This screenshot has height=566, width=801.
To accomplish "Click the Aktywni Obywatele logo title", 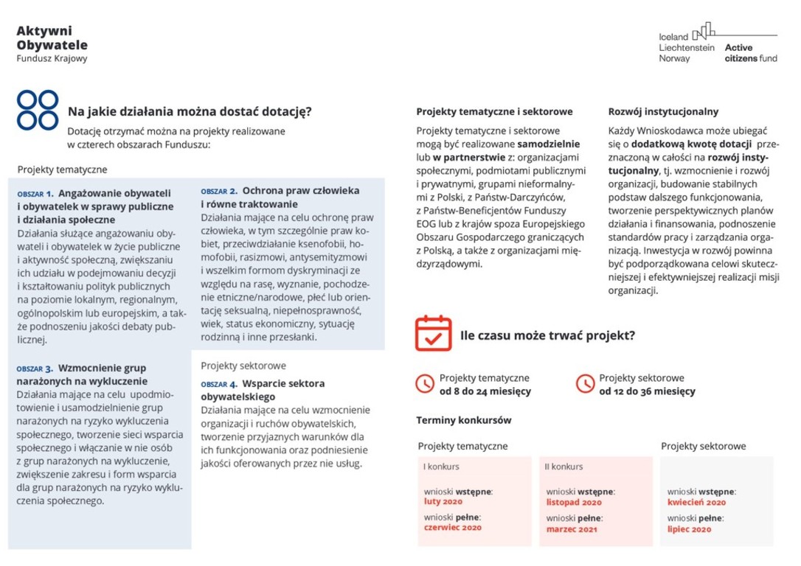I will tap(52, 38).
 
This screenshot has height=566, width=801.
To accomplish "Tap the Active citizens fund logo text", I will tap(750, 52).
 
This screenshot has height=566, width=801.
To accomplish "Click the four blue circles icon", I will tap(38, 110).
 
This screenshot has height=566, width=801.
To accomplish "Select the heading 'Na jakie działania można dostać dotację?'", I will tap(190, 112).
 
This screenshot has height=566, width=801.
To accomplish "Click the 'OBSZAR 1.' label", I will tap(35, 193).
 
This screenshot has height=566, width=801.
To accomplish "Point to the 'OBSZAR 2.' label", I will tap(219, 191).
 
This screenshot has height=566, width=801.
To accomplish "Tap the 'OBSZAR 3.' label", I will tap(35, 368).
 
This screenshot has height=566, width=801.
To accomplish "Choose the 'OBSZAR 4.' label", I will tap(219, 384).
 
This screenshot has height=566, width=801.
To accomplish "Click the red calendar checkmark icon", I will tap(433, 334).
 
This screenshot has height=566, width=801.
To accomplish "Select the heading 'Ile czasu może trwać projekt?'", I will tap(547, 335).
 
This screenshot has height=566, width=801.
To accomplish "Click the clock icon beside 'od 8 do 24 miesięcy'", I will tap(425, 384).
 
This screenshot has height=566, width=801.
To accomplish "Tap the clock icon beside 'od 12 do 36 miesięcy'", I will tap(585, 384).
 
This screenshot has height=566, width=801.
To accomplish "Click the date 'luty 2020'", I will tap(443, 502).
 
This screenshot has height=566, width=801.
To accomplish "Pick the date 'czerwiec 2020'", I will tap(453, 528).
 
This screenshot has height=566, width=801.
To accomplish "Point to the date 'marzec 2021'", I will tap(572, 529).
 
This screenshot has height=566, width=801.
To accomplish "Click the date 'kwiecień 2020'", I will tap(696, 503).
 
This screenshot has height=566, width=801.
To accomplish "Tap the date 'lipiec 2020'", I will tap(690, 529).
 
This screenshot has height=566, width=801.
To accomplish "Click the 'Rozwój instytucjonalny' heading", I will tap(663, 112).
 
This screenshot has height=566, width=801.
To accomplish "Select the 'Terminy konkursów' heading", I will tap(464, 420).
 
